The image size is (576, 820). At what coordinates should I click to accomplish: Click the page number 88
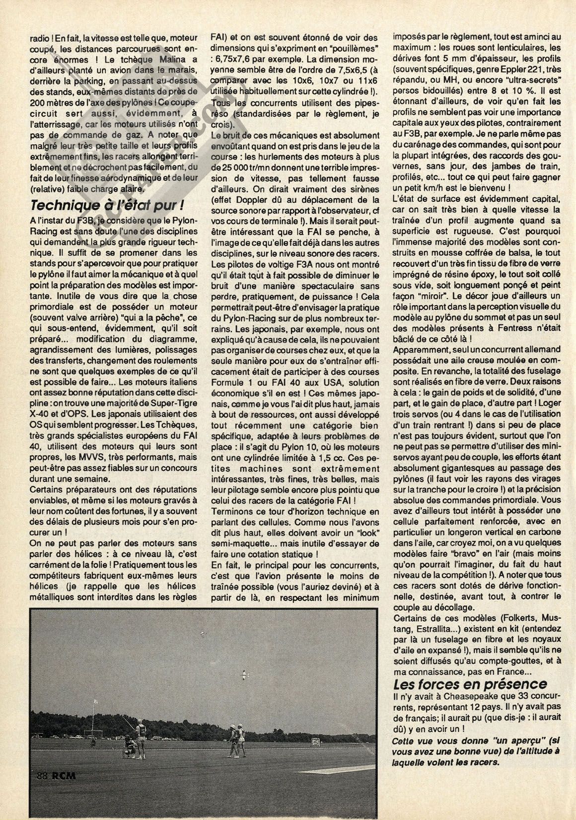point(44,791)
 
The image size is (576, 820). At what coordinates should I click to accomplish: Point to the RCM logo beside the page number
point(64,791)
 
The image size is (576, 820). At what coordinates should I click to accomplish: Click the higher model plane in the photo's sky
point(203,633)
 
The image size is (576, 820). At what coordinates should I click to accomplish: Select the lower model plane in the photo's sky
point(243,674)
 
